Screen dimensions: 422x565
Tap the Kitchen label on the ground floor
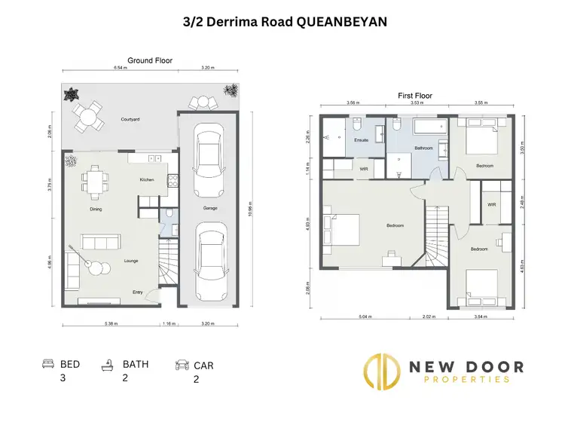tap(148, 180)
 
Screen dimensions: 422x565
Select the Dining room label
tap(96, 209)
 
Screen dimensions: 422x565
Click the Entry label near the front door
tap(137, 292)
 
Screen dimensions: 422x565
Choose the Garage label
tap(209, 208)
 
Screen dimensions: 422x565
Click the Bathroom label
tap(424, 148)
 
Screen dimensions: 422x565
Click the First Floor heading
tap(415, 96)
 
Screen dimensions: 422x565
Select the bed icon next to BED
tap(47, 364)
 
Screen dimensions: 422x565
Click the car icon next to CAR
tap(182, 365)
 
